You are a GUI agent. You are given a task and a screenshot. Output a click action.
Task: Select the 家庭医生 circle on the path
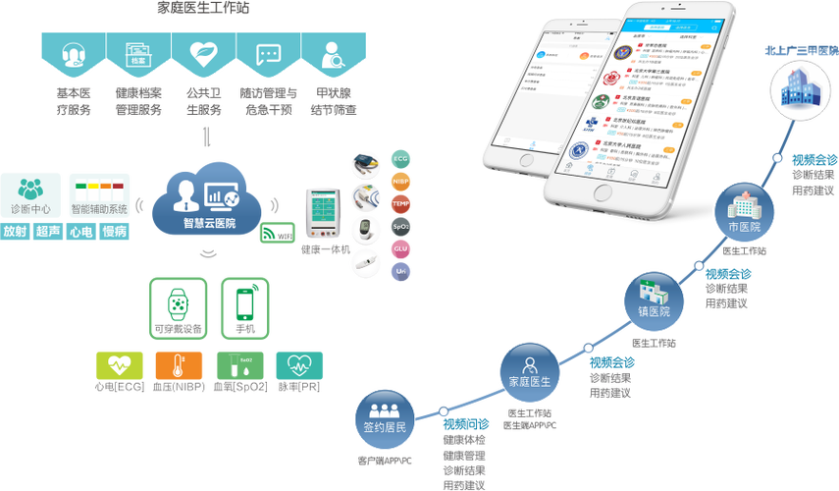pos(529,372)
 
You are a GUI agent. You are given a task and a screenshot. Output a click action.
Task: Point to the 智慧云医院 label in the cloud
pos(209,223)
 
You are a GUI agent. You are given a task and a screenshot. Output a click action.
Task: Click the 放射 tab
pos(15,232)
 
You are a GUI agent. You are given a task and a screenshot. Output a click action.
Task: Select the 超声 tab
pos(47,232)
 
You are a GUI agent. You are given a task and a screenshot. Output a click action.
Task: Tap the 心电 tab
pos(81,232)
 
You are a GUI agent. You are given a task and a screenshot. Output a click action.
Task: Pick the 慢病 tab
pos(116,232)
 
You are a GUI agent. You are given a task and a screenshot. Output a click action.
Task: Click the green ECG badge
pos(400,159)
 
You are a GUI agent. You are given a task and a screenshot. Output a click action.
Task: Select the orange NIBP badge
pos(400,182)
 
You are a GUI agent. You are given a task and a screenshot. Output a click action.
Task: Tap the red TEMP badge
pos(400,204)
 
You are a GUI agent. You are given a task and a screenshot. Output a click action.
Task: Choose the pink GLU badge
pos(400,249)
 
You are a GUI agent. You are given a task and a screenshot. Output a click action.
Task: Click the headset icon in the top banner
pos(72,55)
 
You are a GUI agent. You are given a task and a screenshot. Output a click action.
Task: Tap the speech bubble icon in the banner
pos(268,55)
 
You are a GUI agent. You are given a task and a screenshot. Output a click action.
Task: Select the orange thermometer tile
pos(179,365)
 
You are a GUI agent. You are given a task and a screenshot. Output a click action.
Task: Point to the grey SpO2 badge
pos(400,227)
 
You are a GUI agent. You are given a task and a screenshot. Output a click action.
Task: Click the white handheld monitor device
pos(325,210)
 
